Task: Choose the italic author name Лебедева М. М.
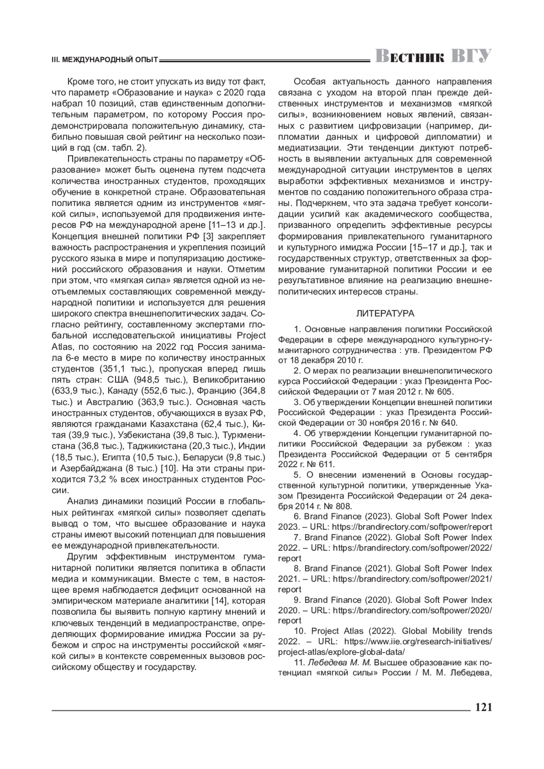(340, 662)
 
